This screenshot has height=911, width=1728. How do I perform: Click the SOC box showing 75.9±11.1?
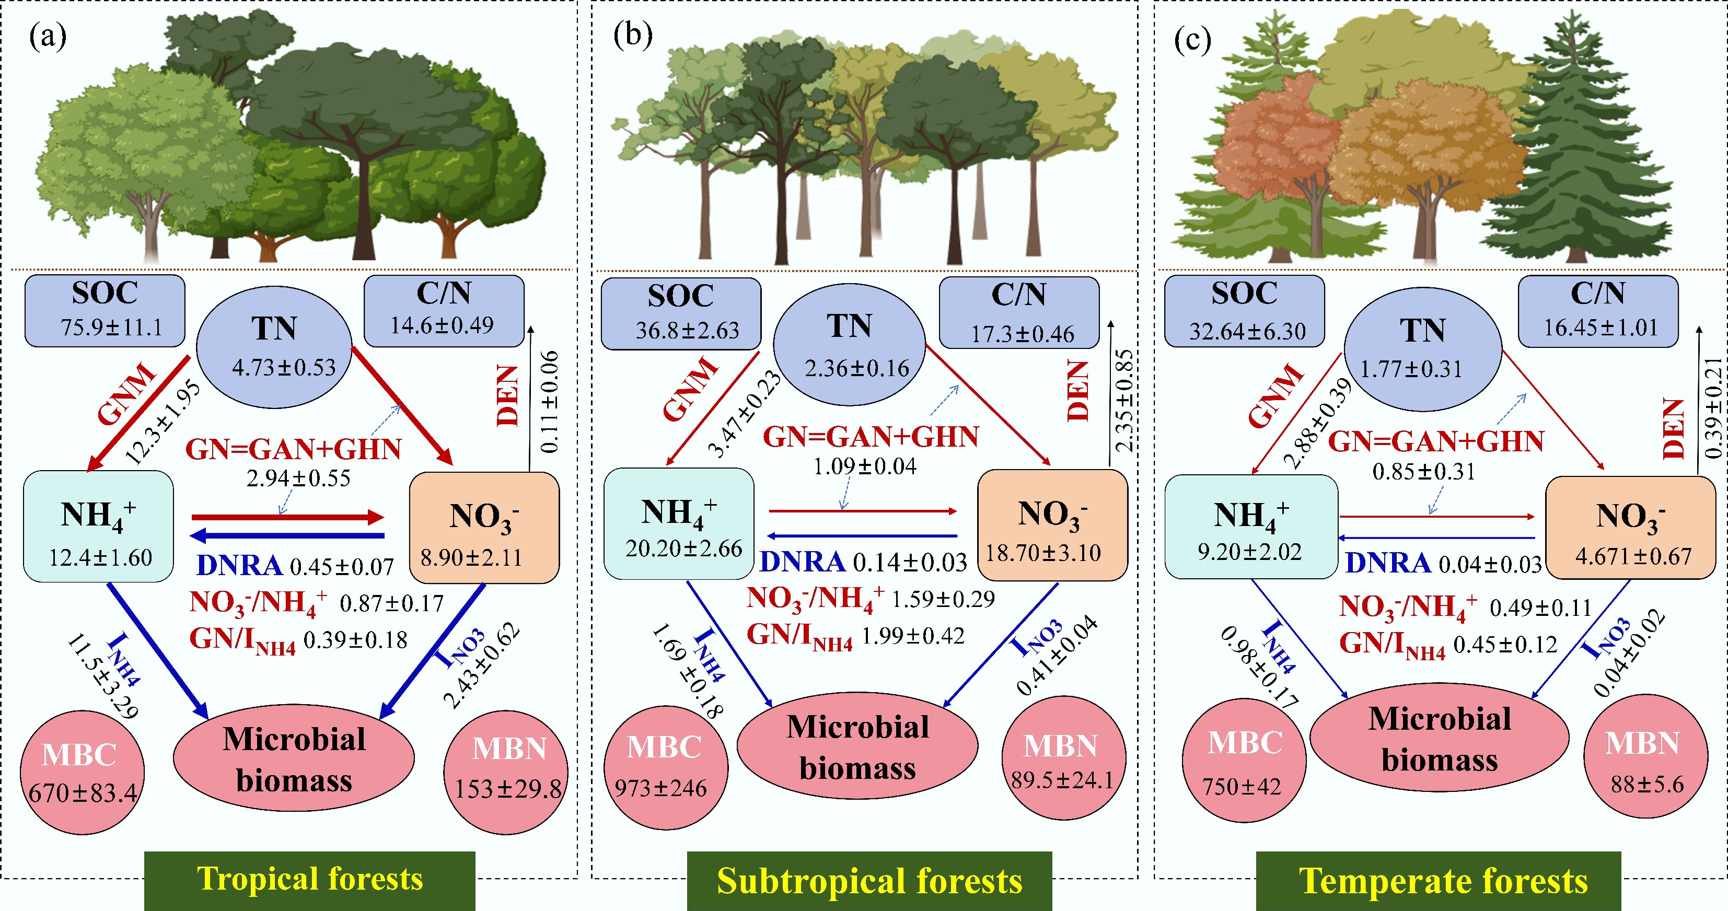click(x=105, y=311)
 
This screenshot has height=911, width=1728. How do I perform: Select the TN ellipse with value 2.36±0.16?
click(x=849, y=344)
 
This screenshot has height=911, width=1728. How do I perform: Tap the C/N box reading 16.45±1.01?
click(x=1598, y=311)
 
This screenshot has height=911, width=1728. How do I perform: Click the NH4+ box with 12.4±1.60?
click(x=99, y=526)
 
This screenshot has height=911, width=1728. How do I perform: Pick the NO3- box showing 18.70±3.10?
click(x=1052, y=524)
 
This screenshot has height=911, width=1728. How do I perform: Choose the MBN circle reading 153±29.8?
click(x=506, y=772)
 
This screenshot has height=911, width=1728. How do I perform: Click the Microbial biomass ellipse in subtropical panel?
click(x=857, y=746)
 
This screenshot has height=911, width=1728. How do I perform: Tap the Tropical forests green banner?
click(x=309, y=880)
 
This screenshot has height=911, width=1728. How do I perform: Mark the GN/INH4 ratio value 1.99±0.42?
click(x=912, y=635)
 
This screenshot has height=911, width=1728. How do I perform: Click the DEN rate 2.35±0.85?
click(x=1123, y=401)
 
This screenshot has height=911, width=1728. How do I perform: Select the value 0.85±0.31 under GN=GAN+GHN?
click(x=1423, y=472)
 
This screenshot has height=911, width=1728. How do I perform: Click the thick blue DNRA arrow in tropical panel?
click(x=287, y=536)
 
